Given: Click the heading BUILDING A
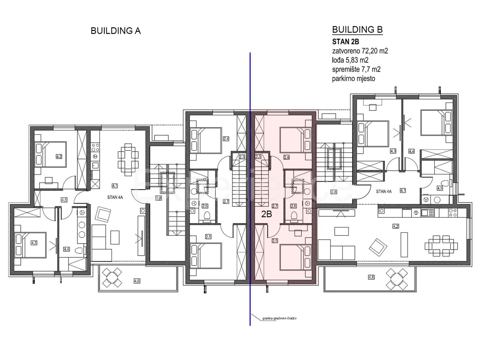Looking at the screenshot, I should [116, 31].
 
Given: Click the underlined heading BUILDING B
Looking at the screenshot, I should [357, 30].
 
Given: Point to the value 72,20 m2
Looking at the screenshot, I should [373, 51].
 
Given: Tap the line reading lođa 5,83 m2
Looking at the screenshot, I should [350, 60].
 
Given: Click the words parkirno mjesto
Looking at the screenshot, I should [354, 78].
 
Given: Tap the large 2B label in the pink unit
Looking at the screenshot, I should [266, 214].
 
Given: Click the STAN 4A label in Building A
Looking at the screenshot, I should [114, 197].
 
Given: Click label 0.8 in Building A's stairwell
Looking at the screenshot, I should [158, 198].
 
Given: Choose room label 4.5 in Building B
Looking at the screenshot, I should [440, 188].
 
